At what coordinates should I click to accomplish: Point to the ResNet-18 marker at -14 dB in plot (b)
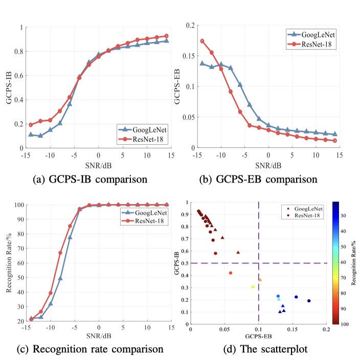pyautogui.click(x=202, y=41)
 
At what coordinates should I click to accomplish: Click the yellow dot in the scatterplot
pyautogui.click(x=253, y=287)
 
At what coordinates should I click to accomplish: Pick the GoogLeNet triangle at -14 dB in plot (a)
pyautogui.click(x=31, y=134)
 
